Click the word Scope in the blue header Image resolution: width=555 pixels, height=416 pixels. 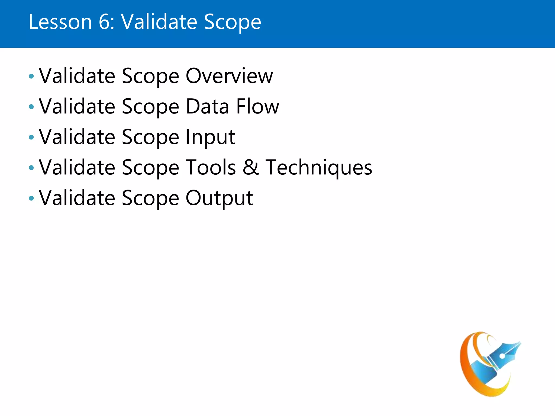pyautogui.click(x=232, y=22)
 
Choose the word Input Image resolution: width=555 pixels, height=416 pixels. pyautogui.click(x=210, y=137)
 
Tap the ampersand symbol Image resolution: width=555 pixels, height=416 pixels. pyautogui.click(x=251, y=167)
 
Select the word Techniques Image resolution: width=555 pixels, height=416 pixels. pyautogui.click(x=319, y=168)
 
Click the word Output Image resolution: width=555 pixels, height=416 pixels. pyautogui.click(x=219, y=198)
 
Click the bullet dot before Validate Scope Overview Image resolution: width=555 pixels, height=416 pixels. pyautogui.click(x=31, y=76)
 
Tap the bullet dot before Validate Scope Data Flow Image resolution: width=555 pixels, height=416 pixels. pyautogui.click(x=31, y=107)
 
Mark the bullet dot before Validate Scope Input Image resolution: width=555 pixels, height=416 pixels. pyautogui.click(x=31, y=137)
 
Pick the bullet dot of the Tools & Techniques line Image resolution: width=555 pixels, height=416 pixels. pyautogui.click(x=31, y=168)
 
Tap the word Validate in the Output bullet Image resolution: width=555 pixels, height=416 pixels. pyautogui.click(x=77, y=198)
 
